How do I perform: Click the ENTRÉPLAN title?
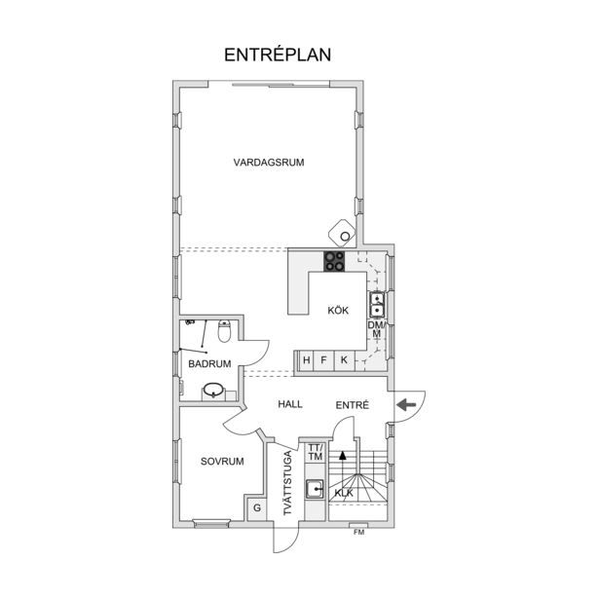[278, 55]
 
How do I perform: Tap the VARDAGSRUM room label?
[269, 163]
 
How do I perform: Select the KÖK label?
[338, 310]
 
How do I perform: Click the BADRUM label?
[209, 363]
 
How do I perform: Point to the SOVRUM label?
[222, 462]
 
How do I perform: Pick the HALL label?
[290, 404]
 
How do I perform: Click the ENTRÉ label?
[353, 404]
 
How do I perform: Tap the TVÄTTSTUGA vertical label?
[287, 483]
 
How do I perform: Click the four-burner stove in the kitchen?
[334, 261]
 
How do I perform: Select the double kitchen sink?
[377, 305]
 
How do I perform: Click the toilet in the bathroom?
[224, 331]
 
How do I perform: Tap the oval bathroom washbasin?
[212, 391]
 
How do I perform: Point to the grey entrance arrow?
[406, 404]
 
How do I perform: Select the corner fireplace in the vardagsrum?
[342, 233]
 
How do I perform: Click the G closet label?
[257, 507]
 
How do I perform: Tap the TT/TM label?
[316, 452]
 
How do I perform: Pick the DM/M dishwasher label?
[377, 329]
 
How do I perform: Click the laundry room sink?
[315, 489]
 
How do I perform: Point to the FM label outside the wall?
[359, 532]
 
